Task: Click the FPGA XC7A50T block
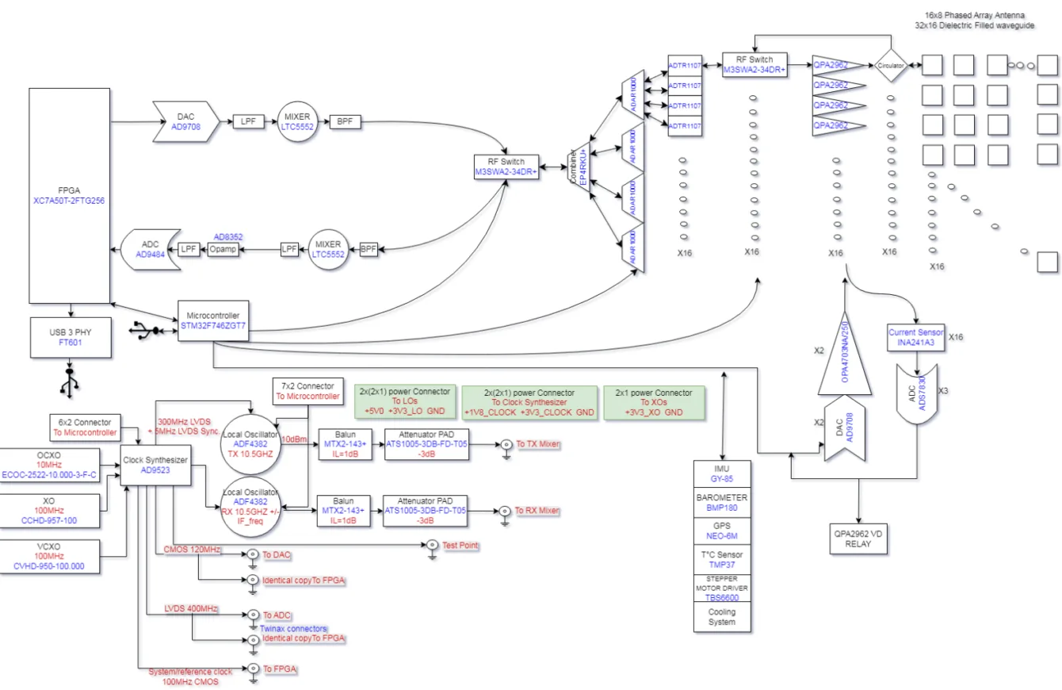pos(70,195)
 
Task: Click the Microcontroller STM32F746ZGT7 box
pos(213,320)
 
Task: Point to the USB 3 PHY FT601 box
pos(70,338)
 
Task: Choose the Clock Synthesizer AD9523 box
pos(155,464)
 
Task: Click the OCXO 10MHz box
pos(50,464)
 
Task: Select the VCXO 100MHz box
pos(50,556)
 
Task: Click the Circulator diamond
pos(890,67)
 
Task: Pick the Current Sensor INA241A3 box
pos(916,338)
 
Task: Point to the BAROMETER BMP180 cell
pos(722,503)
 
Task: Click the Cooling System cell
pos(722,616)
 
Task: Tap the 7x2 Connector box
pos(308,390)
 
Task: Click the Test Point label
pos(461,546)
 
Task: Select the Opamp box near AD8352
pos(223,249)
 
